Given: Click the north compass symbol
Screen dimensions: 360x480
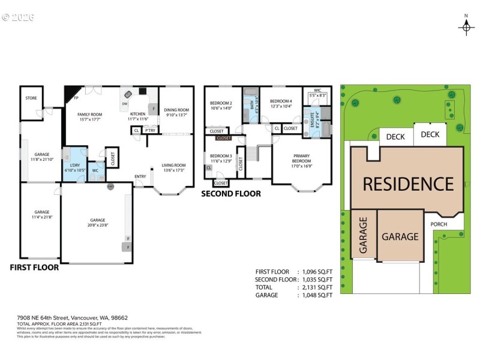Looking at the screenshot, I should coord(466,26).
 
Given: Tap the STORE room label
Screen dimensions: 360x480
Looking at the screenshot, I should coord(31,97).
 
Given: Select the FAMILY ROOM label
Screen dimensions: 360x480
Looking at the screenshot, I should coord(89,116).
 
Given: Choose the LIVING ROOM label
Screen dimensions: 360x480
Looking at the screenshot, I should coord(175,167).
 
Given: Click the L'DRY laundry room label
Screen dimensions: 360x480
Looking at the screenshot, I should coord(75,167).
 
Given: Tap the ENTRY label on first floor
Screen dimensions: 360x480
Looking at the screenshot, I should coord(140,176).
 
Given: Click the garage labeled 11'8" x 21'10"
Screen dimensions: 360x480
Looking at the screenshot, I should coord(41,157).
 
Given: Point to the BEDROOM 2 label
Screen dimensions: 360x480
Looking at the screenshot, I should coord(221,106).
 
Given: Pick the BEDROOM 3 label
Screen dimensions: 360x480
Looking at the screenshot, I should coord(221,158).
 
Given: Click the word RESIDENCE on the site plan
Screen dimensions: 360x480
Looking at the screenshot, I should coord(407,184).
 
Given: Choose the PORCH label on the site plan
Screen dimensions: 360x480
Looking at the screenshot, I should coord(439,224).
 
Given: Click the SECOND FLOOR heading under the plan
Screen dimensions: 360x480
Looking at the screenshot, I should coord(231,194).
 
